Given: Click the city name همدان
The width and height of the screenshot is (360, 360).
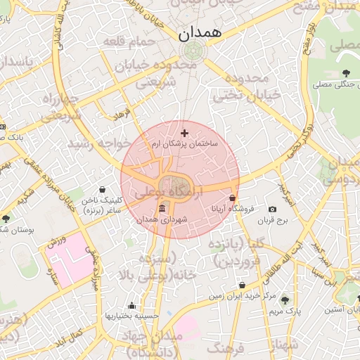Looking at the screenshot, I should pyautogui.click(x=200, y=32).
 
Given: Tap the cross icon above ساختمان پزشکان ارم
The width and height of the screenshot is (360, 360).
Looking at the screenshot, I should pyautogui.click(x=185, y=133).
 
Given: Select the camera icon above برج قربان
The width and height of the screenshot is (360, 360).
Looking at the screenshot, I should pyautogui.click(x=273, y=209).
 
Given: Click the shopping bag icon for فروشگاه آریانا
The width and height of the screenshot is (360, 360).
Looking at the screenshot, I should pyautogui.click(x=233, y=198).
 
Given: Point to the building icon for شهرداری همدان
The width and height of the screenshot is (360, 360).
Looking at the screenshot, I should pyautogui.click(x=163, y=210).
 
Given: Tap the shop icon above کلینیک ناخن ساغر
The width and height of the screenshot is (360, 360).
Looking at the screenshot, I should pyautogui.click(x=103, y=190).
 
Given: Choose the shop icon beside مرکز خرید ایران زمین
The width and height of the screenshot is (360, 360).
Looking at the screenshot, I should pyautogui.click(x=243, y=285).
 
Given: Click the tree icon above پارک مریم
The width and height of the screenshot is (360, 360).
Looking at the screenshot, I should pyautogui.click(x=284, y=300).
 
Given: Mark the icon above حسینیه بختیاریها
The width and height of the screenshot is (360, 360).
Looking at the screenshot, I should pyautogui.click(x=131, y=305).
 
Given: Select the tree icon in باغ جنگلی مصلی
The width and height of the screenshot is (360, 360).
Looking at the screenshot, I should pyautogui.click(x=346, y=73).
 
